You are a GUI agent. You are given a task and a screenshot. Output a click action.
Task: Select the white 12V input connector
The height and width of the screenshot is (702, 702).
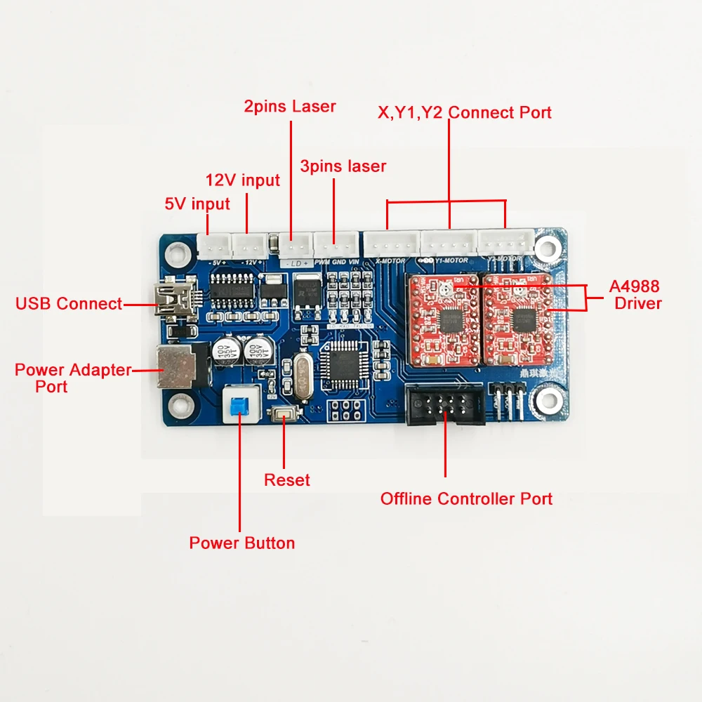tap(247, 246)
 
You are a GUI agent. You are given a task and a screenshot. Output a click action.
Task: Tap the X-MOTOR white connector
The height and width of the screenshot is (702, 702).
tap(390, 244)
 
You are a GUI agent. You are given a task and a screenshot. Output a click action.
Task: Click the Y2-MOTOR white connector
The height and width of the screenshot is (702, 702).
tap(504, 243)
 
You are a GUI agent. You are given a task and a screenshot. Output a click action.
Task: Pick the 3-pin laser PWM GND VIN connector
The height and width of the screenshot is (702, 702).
tap(334, 245)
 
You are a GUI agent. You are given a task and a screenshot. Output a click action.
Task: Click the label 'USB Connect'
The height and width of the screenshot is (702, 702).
tap(69, 304)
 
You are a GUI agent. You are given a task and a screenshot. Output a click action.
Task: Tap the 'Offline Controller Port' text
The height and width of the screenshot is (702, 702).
tap(466, 499)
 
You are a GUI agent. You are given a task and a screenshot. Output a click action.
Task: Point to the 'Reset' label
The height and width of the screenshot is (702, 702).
tap(286, 480)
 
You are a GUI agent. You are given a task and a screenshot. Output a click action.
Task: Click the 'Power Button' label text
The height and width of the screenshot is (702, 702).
tap(242, 543)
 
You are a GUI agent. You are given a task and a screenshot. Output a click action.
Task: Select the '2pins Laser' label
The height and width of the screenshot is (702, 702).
tap(289, 107)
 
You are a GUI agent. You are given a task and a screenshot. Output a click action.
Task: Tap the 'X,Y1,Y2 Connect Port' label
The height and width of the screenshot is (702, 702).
tap(465, 112)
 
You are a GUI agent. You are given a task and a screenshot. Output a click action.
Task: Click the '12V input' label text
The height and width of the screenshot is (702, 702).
tap(242, 180)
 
